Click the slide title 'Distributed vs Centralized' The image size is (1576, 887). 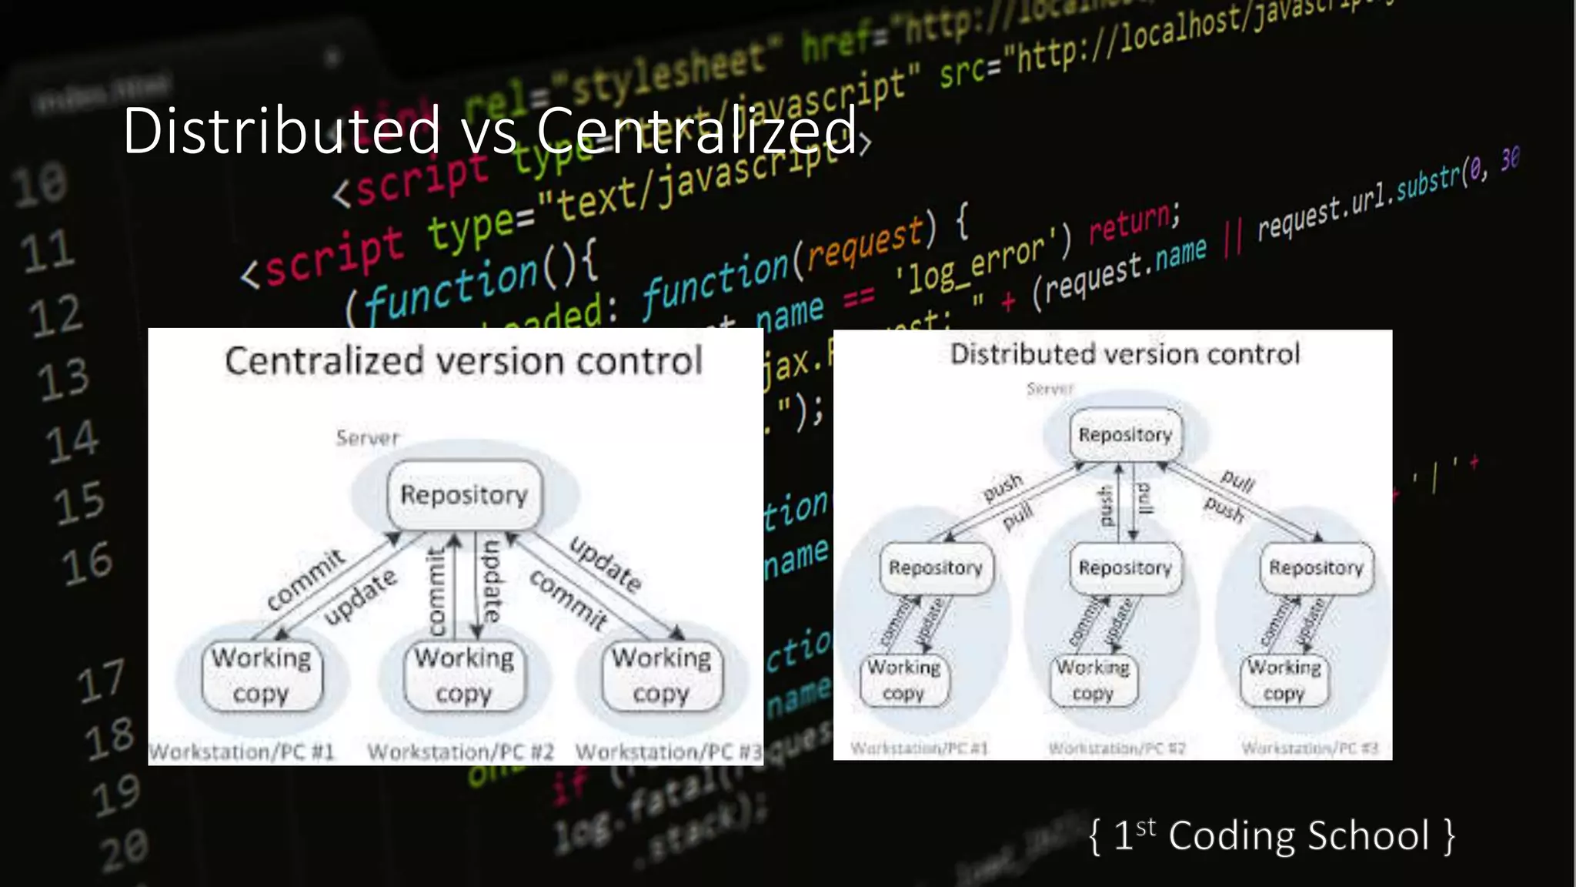point(489,131)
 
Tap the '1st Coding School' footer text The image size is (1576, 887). point(1272,836)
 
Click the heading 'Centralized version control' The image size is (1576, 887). point(463,361)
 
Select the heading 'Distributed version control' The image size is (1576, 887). point(1125,354)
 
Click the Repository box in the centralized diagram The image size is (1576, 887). point(464,495)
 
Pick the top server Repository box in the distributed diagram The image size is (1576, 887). point(1125,435)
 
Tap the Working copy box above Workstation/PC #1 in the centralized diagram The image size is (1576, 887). point(262,675)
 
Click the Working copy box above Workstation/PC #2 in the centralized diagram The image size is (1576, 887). point(464,675)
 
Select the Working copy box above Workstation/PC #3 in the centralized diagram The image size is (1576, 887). point(662,675)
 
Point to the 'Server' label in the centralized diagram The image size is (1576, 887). point(368,438)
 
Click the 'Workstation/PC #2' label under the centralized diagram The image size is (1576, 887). point(460,751)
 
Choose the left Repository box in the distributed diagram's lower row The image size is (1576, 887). point(936,568)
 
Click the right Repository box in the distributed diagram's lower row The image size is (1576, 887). point(1316,568)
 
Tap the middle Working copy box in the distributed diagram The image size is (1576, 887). point(1093,680)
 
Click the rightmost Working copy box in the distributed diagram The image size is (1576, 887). point(1284,680)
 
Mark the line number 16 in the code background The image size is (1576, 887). point(87,564)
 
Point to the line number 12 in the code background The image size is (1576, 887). point(55,316)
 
